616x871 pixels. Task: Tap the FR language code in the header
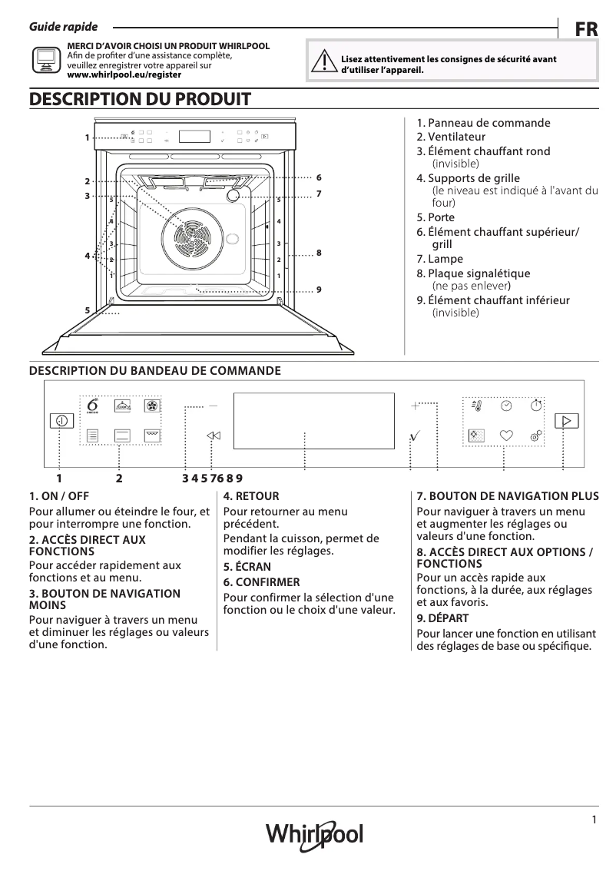[x=586, y=30]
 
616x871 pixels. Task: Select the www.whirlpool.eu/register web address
[x=124, y=75]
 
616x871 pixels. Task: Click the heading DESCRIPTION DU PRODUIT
[x=140, y=99]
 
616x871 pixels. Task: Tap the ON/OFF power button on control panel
[x=61, y=420]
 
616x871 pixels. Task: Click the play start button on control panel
[x=566, y=420]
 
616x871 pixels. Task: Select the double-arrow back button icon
[x=214, y=435]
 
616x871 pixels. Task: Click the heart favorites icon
[x=505, y=435]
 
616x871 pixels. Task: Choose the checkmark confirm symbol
[x=415, y=435]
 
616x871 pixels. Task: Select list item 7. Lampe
[x=440, y=259]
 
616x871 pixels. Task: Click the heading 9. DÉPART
[x=442, y=618]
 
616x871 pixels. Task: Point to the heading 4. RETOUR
[x=251, y=496]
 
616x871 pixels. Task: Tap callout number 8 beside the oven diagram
[x=318, y=253]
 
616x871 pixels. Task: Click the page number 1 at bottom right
[x=594, y=820]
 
